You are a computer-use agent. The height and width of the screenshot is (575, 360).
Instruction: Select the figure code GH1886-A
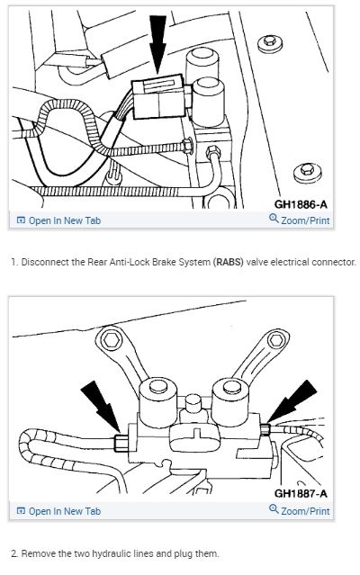(x=301, y=204)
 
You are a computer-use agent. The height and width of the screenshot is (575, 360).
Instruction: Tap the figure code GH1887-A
(x=301, y=493)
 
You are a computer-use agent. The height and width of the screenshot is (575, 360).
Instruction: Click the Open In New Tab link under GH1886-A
(x=58, y=220)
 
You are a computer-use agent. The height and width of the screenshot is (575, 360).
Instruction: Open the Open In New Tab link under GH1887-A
(x=58, y=511)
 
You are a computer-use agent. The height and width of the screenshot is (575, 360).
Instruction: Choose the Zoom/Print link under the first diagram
(x=300, y=220)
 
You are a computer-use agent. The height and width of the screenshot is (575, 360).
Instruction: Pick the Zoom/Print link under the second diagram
(x=300, y=510)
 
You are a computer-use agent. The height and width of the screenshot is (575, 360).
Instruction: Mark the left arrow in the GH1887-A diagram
(x=100, y=406)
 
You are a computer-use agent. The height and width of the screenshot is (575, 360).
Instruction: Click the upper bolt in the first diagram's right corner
(x=270, y=43)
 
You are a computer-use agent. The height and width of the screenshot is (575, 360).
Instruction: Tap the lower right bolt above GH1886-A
(x=308, y=172)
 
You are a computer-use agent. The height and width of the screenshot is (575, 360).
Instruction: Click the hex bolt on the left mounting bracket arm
(x=111, y=340)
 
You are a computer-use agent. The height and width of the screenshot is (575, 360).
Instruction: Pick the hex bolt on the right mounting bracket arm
(x=275, y=340)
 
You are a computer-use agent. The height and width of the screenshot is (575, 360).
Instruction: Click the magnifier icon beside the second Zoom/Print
(x=274, y=509)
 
